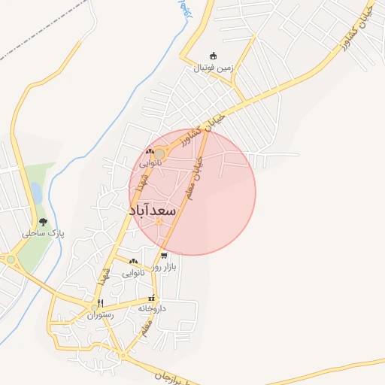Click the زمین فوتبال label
click(x=215, y=68)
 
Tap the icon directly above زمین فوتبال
click(x=213, y=56)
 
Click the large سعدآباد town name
click(x=153, y=210)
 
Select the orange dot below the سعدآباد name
click(x=159, y=221)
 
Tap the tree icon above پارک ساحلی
click(x=43, y=222)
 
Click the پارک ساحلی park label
click(x=44, y=234)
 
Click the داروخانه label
click(x=152, y=308)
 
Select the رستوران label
click(x=100, y=315)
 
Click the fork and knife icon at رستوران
click(x=100, y=303)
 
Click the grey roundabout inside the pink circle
click(x=159, y=153)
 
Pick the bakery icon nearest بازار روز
click(x=133, y=261)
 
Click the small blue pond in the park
click(x=35, y=193)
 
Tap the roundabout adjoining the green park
click(x=11, y=260)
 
